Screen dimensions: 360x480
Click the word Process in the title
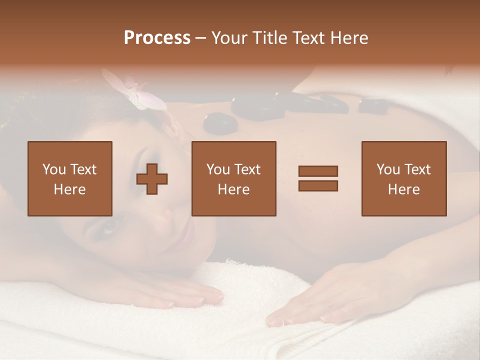coord(157,38)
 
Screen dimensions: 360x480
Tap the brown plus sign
coord(152,178)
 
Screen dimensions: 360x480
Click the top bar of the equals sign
coord(318,171)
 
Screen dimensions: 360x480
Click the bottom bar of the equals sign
coord(318,186)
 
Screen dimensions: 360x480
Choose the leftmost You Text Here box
coord(70,178)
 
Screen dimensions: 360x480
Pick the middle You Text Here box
coord(234,178)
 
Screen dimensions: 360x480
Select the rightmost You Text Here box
coord(404,178)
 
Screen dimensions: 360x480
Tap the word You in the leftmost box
coord(53,169)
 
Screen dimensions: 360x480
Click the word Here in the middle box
coord(234,189)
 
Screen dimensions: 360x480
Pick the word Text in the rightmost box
coord(417,169)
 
